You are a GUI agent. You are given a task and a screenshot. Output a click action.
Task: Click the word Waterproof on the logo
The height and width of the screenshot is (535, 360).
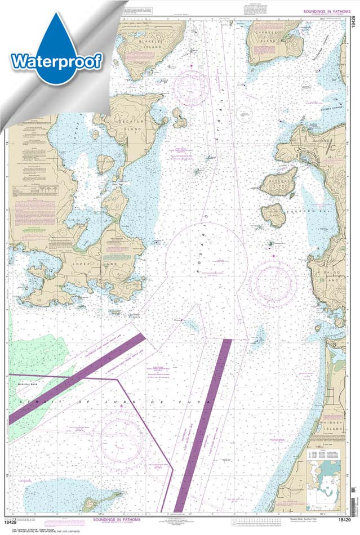56,61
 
